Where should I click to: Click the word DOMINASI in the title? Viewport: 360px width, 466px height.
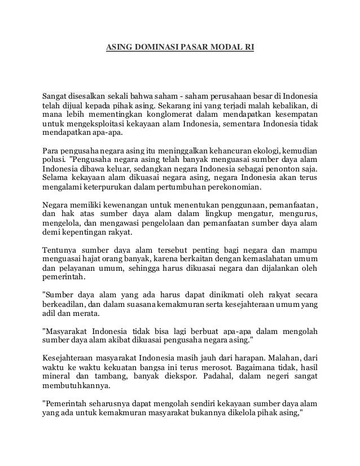point(153,49)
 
